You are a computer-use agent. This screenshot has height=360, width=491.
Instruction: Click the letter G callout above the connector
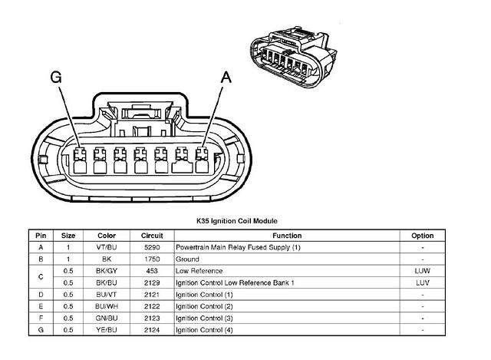(55, 77)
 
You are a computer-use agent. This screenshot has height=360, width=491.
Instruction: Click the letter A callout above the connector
(226, 77)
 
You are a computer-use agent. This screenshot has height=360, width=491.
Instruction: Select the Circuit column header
(152, 236)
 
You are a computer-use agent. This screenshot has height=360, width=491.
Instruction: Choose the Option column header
(422, 236)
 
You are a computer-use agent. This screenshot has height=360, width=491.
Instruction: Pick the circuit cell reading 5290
(152, 247)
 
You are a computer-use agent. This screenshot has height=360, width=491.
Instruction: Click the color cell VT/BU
(107, 247)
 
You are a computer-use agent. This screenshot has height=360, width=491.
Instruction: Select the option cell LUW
(422, 271)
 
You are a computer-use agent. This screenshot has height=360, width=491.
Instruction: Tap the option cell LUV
(422, 282)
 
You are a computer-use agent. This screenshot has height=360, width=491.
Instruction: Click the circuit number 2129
(152, 282)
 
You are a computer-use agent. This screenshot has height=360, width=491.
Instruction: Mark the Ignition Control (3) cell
(204, 318)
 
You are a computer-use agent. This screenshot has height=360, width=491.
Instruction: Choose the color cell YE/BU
(107, 329)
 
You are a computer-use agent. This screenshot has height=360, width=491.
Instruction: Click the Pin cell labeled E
(40, 306)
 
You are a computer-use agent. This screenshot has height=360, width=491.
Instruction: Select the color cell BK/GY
(107, 271)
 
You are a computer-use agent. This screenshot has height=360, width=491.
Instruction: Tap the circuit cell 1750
(152, 259)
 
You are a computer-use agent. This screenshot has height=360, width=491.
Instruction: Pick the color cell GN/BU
(107, 318)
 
